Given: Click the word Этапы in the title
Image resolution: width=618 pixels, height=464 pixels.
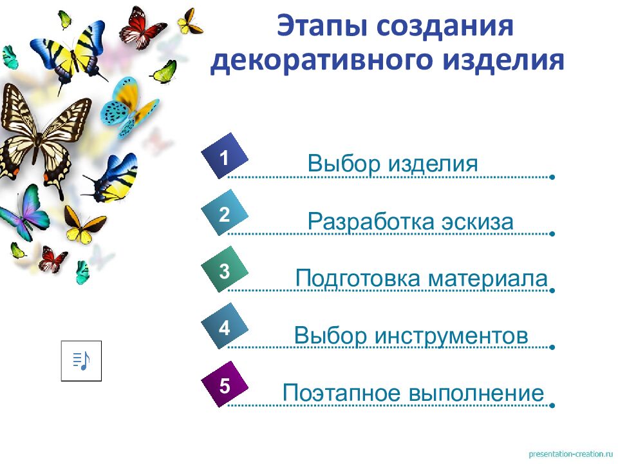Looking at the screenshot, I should pyautogui.click(x=321, y=28).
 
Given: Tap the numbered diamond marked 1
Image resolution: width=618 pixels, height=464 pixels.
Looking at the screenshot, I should pyautogui.click(x=224, y=157).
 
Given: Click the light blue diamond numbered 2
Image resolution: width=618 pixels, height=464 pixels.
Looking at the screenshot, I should pyautogui.click(x=224, y=214).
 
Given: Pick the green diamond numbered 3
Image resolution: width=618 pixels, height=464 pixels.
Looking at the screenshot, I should pyautogui.click(x=224, y=271).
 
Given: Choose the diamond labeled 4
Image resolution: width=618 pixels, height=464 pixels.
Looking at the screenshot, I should pyautogui.click(x=224, y=327).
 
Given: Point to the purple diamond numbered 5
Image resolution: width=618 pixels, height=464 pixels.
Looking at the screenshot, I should pyautogui.click(x=224, y=385).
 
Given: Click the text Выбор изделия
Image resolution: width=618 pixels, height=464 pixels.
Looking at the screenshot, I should pyautogui.click(x=393, y=164).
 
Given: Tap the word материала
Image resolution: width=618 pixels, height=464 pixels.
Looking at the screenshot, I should pyautogui.click(x=487, y=279).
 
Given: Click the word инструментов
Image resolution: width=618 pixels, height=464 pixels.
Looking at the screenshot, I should pyautogui.click(x=451, y=336).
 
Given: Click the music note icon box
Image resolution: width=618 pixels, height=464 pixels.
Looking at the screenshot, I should pyautogui.click(x=81, y=361).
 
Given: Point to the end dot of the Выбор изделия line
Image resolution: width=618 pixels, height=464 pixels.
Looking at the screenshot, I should pyautogui.click(x=552, y=177).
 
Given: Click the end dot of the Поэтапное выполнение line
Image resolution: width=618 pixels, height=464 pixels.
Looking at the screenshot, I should pyautogui.click(x=552, y=406).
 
